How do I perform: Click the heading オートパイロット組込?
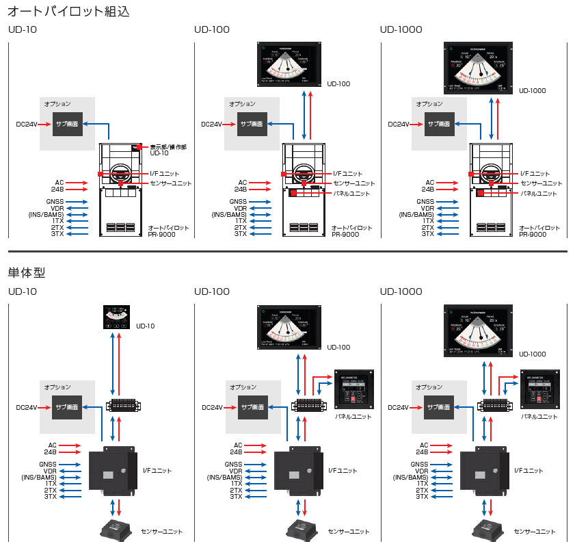coord(68,11)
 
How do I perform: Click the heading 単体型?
coord(27,272)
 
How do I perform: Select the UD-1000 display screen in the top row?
coord(479,68)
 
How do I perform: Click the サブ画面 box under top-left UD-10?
coord(68,125)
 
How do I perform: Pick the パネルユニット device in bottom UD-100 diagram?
coord(353,391)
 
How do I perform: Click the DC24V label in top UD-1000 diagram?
coord(399,125)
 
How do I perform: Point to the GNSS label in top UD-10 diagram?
coord(55,202)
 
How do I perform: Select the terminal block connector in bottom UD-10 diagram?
coord(123,406)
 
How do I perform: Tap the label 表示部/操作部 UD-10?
coord(168,150)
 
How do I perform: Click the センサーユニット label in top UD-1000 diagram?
coord(541,183)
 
